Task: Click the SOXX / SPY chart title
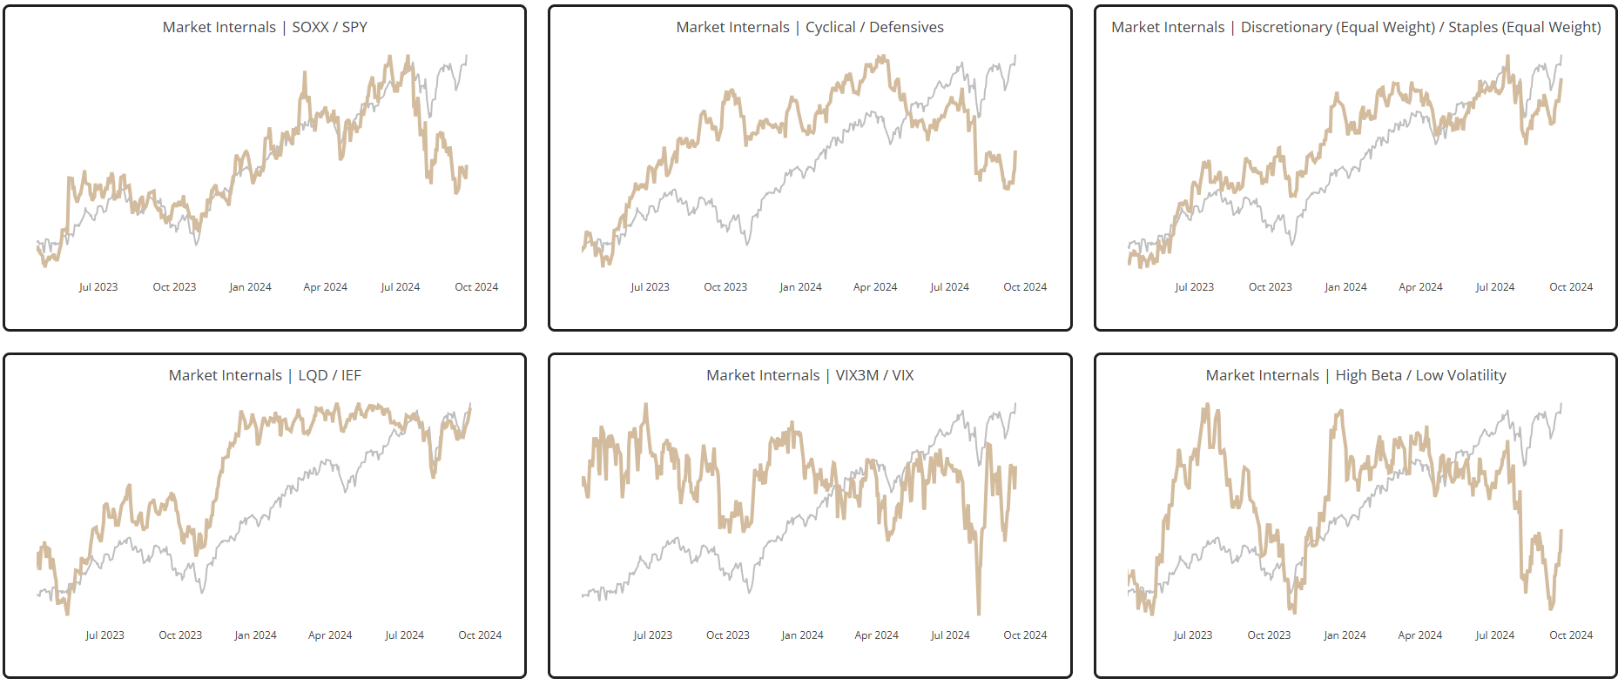click(265, 27)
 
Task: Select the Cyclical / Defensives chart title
click(810, 27)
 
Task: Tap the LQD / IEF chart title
click(265, 375)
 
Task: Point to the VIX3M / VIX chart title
click(810, 375)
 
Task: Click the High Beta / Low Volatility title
click(1356, 375)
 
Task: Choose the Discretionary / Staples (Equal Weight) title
click(1356, 27)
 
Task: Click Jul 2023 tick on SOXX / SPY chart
click(98, 287)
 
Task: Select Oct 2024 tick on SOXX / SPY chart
click(476, 287)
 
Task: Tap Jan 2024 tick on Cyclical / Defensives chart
click(800, 287)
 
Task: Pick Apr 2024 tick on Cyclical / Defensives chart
click(875, 287)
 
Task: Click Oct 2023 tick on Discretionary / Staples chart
click(1270, 287)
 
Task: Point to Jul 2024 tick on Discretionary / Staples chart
click(1495, 287)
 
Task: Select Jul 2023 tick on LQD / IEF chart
click(104, 635)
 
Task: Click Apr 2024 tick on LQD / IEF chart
click(330, 635)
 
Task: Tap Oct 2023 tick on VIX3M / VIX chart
click(728, 635)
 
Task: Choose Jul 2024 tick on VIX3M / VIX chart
click(950, 635)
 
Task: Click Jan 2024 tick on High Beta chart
click(1345, 635)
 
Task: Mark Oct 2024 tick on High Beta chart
click(1571, 635)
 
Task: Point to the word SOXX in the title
click(310, 27)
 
